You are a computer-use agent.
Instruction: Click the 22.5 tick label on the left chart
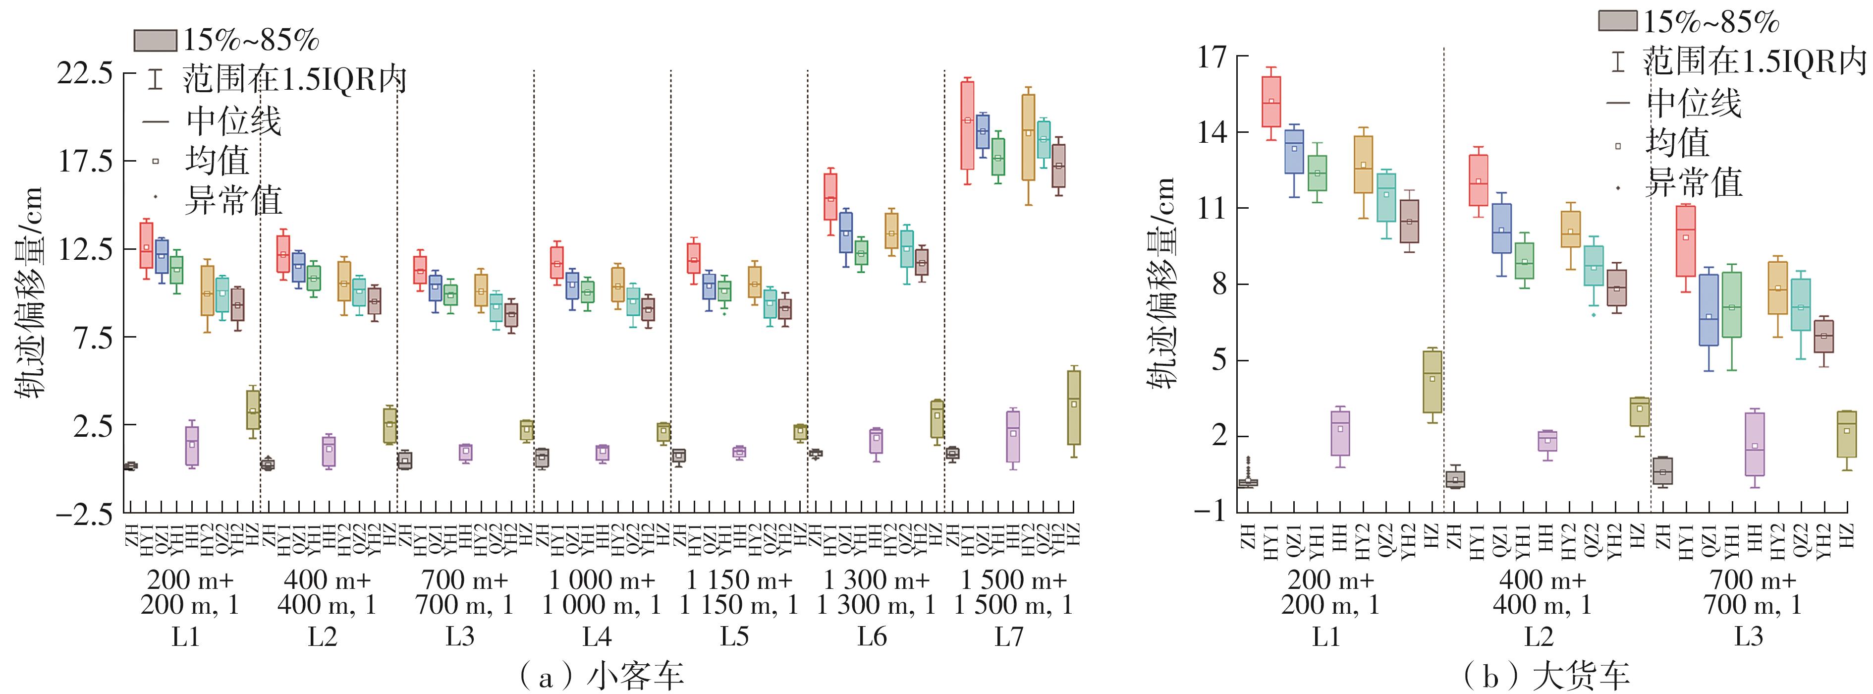[x=85, y=73]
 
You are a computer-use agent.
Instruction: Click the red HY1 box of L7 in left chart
[x=967, y=125]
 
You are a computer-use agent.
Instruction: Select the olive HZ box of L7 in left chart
[x=1074, y=407]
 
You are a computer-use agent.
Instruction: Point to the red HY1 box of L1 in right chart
[x=1271, y=102]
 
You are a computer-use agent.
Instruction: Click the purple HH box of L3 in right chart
[x=1755, y=444]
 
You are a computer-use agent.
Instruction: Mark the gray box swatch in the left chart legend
[x=155, y=41]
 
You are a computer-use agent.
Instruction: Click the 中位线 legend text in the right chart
[x=1694, y=103]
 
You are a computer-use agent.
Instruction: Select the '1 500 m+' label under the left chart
[x=1014, y=580]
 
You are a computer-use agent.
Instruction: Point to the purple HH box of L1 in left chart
[x=192, y=445]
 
